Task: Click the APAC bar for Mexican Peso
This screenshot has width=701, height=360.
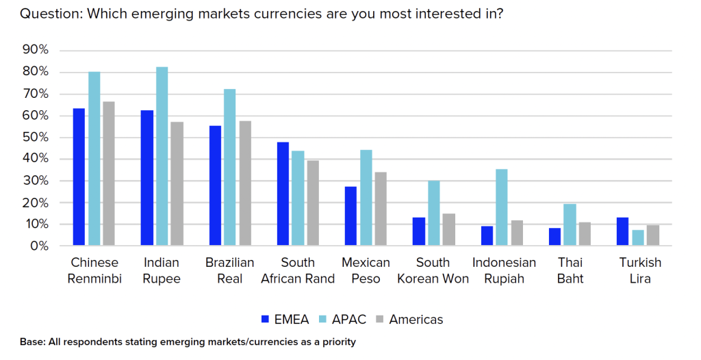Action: tap(366, 198)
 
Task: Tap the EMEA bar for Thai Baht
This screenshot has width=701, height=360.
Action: tap(555, 237)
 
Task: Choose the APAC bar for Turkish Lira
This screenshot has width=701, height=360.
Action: tap(637, 237)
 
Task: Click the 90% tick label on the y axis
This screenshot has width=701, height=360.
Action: tap(36, 50)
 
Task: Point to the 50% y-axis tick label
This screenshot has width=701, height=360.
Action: tap(36, 137)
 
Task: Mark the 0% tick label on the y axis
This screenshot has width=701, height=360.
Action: tap(39, 246)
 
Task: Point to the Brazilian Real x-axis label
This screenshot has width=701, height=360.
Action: tap(230, 270)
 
